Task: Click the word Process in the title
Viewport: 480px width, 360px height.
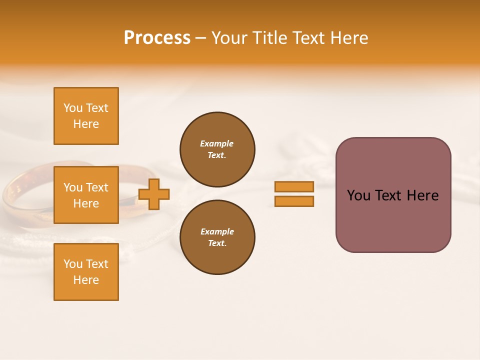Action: coord(157,38)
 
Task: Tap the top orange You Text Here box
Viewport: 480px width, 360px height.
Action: coord(86,116)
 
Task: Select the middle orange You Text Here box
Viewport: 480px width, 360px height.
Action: coord(86,195)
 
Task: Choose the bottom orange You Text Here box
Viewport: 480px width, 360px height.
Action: coord(86,271)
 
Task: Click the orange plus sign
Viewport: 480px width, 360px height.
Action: coord(154,194)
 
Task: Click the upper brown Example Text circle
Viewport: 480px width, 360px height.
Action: coord(217,149)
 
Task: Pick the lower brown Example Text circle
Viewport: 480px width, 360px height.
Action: coord(217,237)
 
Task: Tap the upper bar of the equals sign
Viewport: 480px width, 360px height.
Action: coord(294,186)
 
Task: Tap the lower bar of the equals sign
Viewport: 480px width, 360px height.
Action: coord(294,201)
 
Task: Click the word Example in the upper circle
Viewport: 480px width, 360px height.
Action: coord(217,143)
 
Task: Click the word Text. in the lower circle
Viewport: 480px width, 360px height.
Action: coord(217,243)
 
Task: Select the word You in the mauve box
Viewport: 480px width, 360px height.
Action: coord(358,195)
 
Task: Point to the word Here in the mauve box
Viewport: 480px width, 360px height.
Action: coord(422,195)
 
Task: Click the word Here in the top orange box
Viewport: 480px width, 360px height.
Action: coord(86,124)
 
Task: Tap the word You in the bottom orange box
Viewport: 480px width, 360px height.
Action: coord(73,264)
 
